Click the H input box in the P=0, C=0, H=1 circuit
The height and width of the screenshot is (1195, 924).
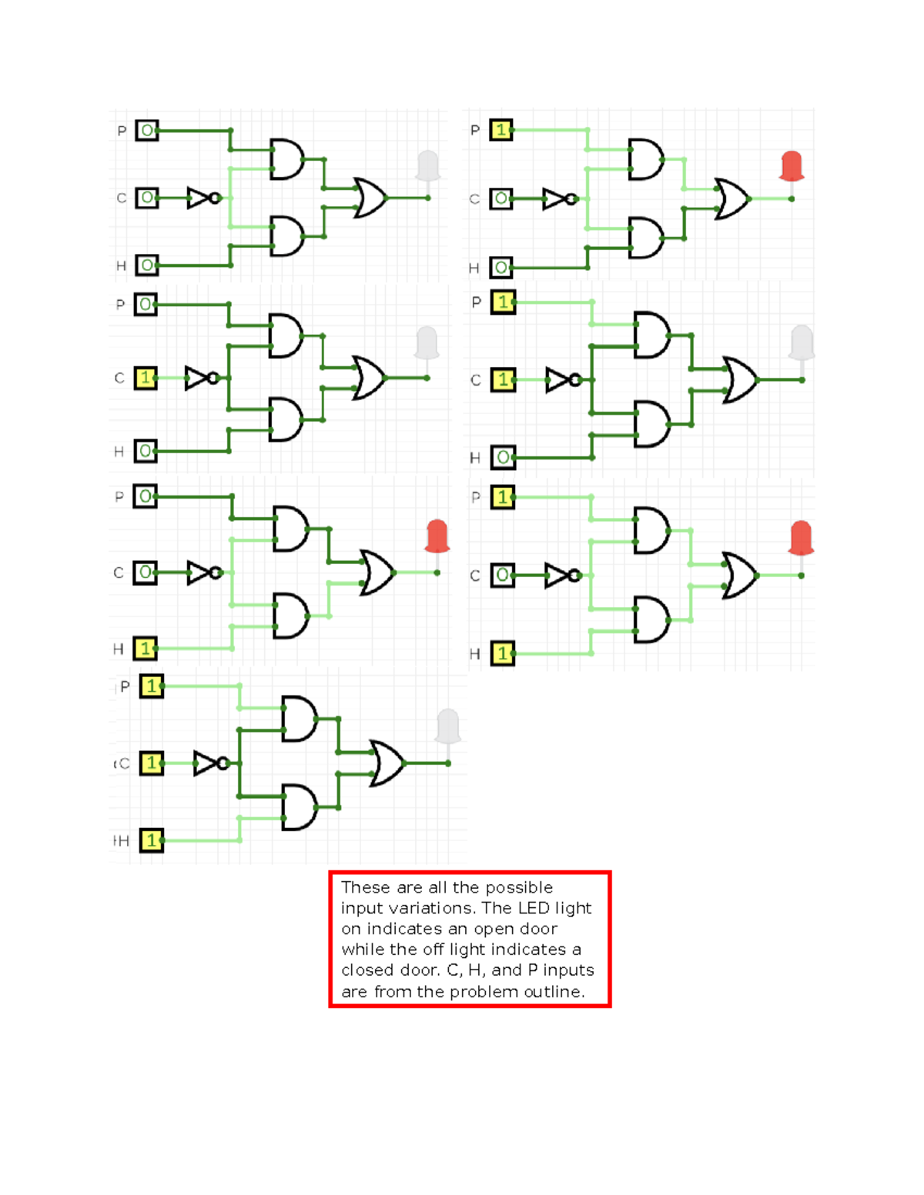pos(145,649)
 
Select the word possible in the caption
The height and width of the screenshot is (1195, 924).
pos(519,887)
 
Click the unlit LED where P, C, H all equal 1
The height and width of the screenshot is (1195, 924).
pos(448,726)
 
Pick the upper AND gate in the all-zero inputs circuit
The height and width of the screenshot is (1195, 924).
pos(286,159)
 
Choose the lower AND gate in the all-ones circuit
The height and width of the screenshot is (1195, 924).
pos(299,807)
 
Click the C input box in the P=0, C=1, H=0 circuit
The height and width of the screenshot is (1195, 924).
pos(146,378)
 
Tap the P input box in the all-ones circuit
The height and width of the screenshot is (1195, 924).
pos(152,686)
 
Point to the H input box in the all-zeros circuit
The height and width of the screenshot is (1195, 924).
pos(146,265)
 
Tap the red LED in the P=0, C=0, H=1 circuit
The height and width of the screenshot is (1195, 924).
pos(437,536)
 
